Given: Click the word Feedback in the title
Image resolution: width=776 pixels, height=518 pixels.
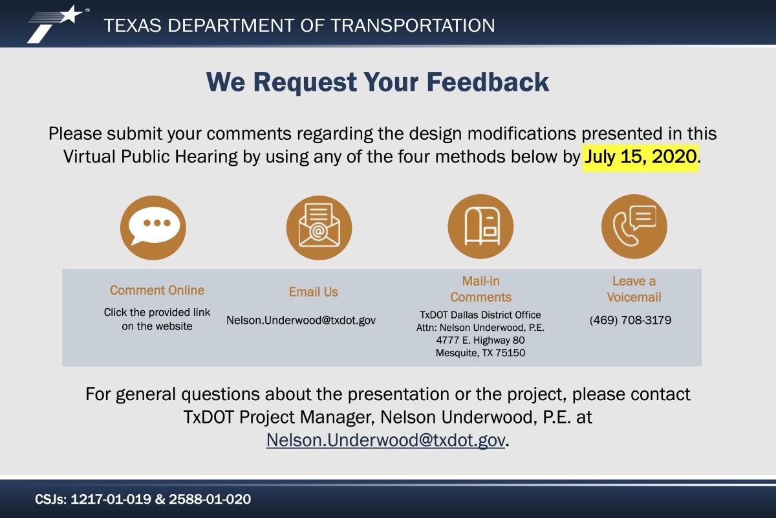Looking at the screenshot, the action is point(488,82).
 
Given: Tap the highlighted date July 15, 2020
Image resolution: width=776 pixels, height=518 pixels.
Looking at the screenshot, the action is point(640,157).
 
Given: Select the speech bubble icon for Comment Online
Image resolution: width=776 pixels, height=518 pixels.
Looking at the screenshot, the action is point(153,228).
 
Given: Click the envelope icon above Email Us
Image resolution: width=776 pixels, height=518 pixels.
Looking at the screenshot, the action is point(319,228).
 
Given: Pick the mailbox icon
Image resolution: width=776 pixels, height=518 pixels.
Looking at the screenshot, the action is point(480,227).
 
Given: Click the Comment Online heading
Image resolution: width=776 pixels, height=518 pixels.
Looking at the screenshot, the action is point(157,290).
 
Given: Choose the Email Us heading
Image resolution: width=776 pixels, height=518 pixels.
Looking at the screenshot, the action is point(314,292).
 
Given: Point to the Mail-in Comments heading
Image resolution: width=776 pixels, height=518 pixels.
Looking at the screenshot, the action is point(480,289).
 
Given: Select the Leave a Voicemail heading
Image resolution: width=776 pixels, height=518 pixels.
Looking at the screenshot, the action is point(634,289).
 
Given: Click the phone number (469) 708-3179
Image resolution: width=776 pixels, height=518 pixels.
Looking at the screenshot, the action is point(630,320).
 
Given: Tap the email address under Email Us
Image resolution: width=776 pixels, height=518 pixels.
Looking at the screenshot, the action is point(301,321).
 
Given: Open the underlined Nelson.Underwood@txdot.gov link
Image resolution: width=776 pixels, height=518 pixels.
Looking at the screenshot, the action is point(385,440).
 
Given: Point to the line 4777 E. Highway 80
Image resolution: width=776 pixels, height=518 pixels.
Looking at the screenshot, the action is point(480,340).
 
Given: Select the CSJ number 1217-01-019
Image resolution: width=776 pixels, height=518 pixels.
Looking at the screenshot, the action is point(111,499).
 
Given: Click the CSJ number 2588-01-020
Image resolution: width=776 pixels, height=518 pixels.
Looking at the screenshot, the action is point(210,499).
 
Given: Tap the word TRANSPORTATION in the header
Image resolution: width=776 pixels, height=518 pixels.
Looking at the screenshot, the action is point(413,25).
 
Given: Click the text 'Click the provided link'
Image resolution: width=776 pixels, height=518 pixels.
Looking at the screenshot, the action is point(157,312).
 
